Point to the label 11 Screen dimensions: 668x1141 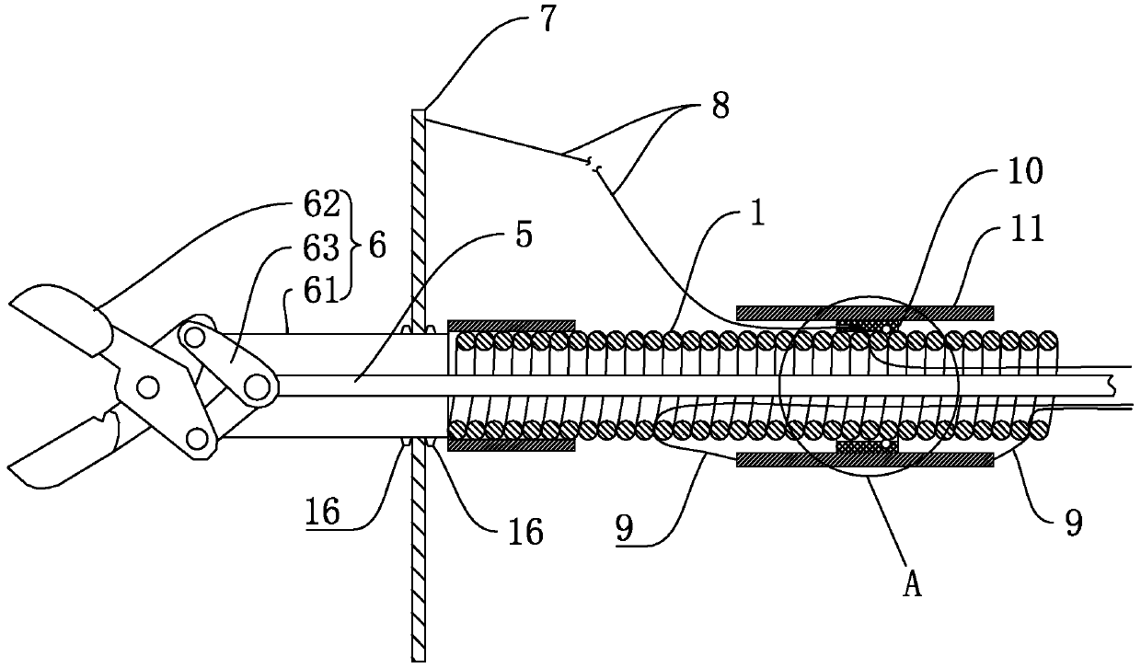pyautogui.click(x=1026, y=228)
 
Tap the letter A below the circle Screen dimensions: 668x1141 pyautogui.click(x=911, y=586)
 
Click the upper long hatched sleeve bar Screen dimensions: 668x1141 pyautogui.click(x=864, y=310)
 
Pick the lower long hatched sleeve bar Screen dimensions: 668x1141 pyautogui.click(x=864, y=457)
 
